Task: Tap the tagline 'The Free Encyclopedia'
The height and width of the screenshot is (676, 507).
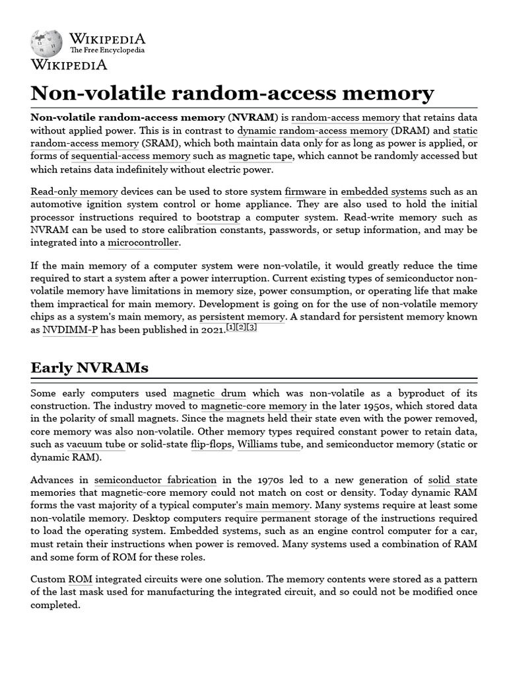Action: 107,50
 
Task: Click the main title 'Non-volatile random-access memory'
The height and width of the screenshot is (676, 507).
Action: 232,92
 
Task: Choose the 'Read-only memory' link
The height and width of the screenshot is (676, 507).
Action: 74,191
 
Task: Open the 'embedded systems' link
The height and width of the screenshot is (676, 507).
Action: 384,191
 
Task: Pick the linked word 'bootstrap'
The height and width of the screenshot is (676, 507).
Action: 218,217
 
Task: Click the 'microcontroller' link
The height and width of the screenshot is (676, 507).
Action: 143,242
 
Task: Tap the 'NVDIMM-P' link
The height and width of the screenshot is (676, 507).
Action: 70,329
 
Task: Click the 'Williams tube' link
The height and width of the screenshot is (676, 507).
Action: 267,444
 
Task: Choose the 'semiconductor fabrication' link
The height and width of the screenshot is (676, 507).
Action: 155,480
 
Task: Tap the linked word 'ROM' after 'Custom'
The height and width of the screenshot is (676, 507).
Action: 80,579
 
